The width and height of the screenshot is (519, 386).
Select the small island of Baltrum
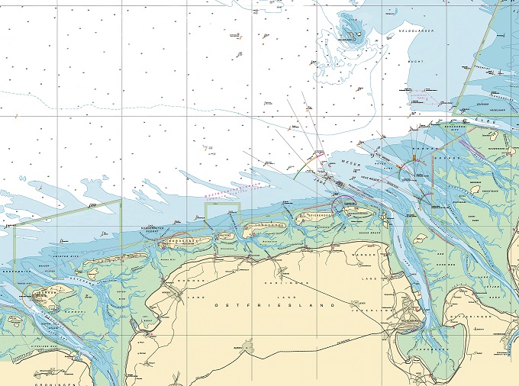[224, 236]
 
